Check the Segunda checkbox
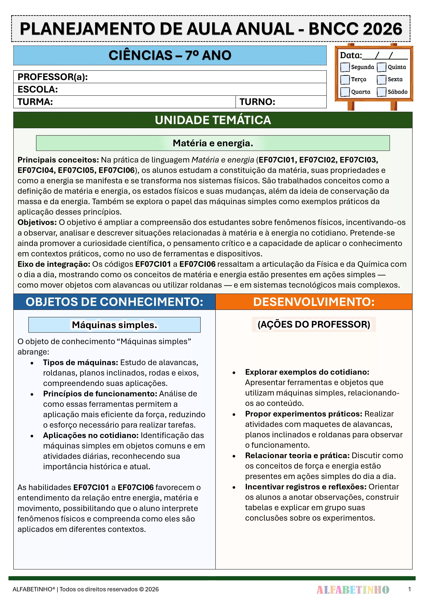pyautogui.click(x=345, y=67)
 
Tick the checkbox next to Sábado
pyautogui.click(x=381, y=92)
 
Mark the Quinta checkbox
pyautogui.click(x=381, y=67)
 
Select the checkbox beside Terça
pyautogui.click(x=345, y=80)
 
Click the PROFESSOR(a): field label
pyautogui.click(x=52, y=77)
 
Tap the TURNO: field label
pyautogui.click(x=257, y=102)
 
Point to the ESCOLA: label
pyautogui.click(x=38, y=89)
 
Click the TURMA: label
pyautogui.click(x=35, y=102)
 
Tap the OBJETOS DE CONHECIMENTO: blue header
pyautogui.click(x=115, y=302)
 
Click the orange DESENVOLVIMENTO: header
pyautogui.click(x=314, y=302)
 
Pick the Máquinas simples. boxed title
pyautogui.click(x=115, y=325)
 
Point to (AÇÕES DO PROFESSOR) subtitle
pyautogui.click(x=314, y=324)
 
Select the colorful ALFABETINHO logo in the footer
pyautogui.click(x=353, y=589)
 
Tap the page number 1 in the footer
pyautogui.click(x=409, y=589)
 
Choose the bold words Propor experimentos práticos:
pyautogui.click(x=304, y=414)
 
